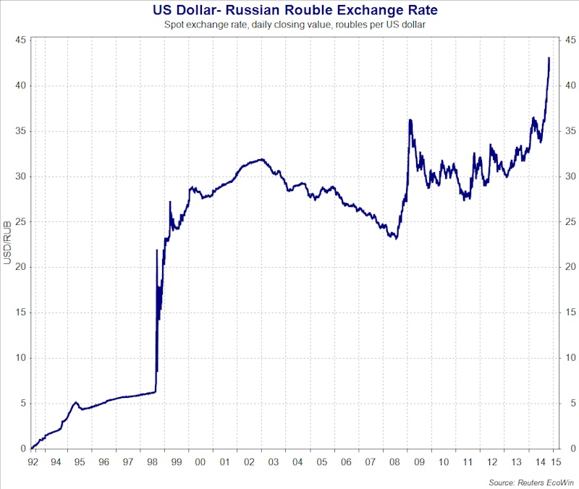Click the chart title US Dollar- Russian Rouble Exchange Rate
pos(295,10)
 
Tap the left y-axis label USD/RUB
pos(8,245)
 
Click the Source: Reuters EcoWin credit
pos(530,480)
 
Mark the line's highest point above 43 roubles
pos(549,58)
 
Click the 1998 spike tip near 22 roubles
pos(157,250)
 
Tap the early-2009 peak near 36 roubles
pos(410,120)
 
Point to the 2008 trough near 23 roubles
pos(396,238)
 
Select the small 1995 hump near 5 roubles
pos(75,402)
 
